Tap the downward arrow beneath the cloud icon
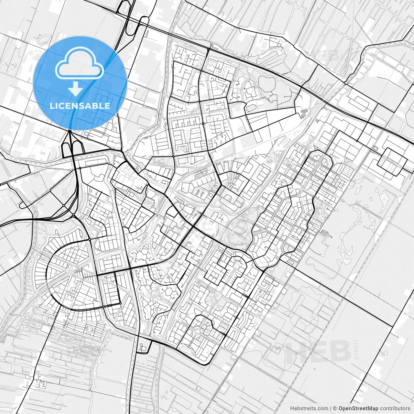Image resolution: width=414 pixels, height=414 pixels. (x=76, y=88)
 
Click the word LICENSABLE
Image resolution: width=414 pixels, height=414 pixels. (x=80, y=106)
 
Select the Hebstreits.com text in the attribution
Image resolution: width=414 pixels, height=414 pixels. (x=309, y=409)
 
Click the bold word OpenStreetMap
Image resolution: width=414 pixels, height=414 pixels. (x=358, y=409)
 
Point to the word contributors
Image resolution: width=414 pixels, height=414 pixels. (x=395, y=409)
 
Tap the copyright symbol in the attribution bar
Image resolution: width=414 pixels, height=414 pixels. (x=335, y=409)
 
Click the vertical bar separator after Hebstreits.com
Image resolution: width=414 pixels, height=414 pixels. (x=331, y=409)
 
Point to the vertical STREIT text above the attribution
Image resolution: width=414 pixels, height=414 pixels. (x=356, y=350)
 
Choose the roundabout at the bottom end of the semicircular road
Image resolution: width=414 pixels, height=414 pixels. (x=103, y=306)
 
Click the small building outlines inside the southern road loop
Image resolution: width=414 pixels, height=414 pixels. (x=142, y=347)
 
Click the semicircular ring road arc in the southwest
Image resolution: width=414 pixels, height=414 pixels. (x=49, y=275)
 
